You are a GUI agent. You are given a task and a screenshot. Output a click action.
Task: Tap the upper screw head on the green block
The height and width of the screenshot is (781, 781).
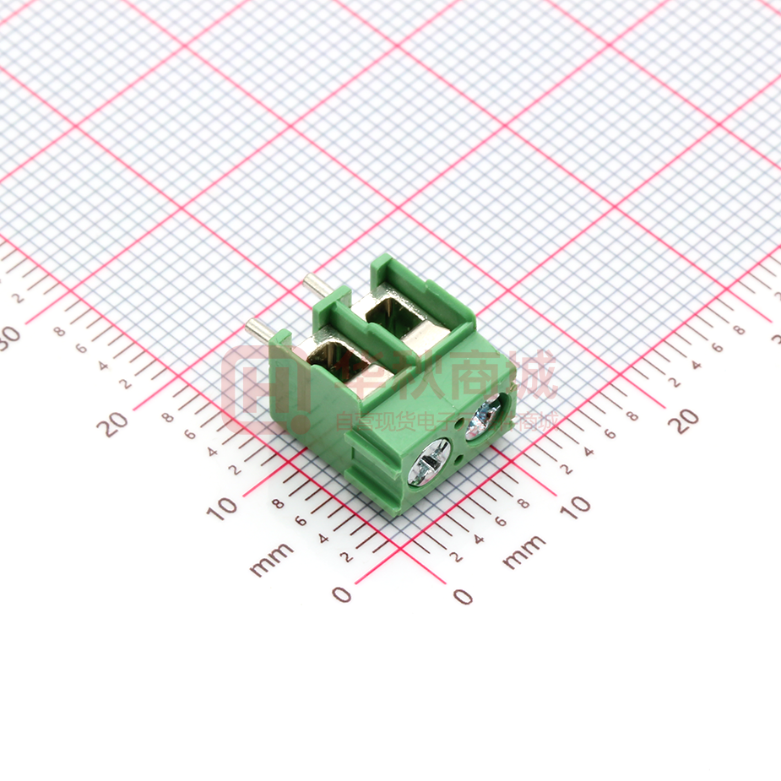pos(484,416)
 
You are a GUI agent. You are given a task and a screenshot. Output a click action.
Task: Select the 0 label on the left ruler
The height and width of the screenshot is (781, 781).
pos(341,594)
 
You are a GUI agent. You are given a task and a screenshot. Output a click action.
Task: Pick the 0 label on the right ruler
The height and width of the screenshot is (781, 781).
pos(463,596)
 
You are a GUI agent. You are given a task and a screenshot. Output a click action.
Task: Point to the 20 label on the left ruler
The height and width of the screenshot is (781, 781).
pos(112,422)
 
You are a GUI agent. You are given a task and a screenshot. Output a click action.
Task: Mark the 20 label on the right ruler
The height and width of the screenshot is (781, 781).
pos(685,420)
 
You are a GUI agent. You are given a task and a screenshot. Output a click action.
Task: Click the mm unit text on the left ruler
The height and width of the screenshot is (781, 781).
pos(272,559)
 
